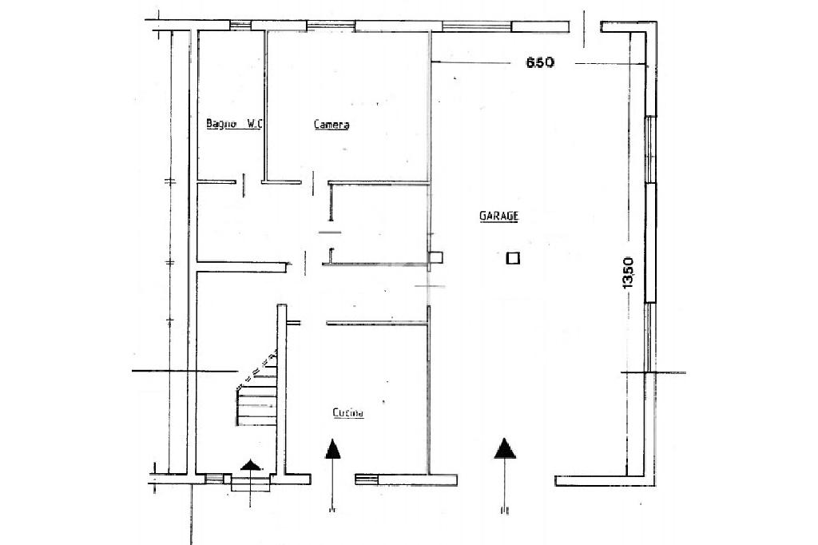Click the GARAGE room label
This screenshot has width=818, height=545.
pyautogui.click(x=498, y=216)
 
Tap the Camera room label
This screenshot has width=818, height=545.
pyautogui.click(x=332, y=124)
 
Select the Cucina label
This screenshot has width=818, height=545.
pyautogui.click(x=348, y=413)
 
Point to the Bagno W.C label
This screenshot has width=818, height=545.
pyautogui.click(x=234, y=124)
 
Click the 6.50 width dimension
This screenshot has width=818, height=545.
pyautogui.click(x=540, y=62)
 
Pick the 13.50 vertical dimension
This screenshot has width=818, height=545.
pyautogui.click(x=628, y=272)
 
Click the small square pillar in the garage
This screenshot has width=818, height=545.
pyautogui.click(x=514, y=258)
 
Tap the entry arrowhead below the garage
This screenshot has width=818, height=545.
pyautogui.click(x=505, y=448)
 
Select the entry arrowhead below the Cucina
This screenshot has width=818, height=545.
pyautogui.click(x=333, y=449)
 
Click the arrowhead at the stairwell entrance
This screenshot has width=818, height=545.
pyautogui.click(x=251, y=464)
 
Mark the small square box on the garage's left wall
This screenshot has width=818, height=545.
pyautogui.click(x=435, y=257)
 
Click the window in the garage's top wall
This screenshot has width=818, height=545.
pyautogui.click(x=476, y=26)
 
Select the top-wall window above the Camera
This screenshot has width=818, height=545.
pyautogui.click(x=331, y=25)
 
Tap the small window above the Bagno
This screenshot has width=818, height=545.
pyautogui.click(x=240, y=25)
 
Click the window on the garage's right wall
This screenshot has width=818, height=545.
pyautogui.click(x=650, y=209)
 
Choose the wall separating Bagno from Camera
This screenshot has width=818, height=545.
pyautogui.click(x=265, y=105)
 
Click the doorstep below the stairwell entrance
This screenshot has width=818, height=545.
pyautogui.click(x=250, y=484)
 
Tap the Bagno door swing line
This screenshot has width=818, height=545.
pyautogui.click(x=244, y=185)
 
